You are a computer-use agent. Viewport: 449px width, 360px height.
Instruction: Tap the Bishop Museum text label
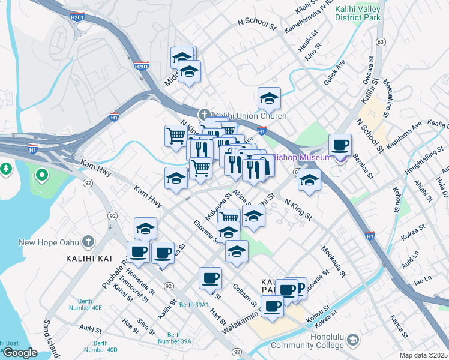302,158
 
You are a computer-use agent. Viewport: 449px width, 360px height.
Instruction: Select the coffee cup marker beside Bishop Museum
340,145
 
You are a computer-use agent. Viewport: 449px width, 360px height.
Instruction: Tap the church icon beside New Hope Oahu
88,242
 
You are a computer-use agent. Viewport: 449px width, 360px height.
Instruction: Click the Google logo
20,352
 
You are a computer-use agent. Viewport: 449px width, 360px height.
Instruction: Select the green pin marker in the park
41,176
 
